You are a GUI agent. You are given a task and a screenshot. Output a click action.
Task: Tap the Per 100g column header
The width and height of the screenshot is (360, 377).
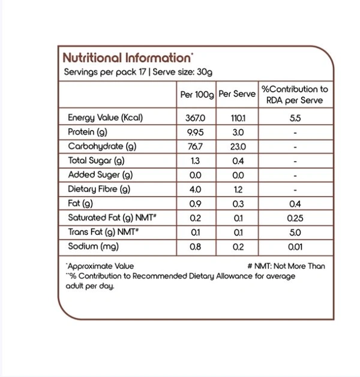pyautogui.click(x=196, y=94)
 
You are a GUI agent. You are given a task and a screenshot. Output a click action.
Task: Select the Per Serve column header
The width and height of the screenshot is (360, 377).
pyautogui.click(x=236, y=94)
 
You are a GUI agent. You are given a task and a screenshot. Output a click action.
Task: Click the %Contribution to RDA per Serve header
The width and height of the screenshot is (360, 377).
pyautogui.click(x=295, y=94)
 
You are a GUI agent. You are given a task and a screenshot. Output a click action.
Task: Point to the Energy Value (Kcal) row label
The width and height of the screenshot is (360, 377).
pyautogui.click(x=105, y=118)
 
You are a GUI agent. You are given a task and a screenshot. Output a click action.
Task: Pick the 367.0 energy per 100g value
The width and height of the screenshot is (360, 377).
pyautogui.click(x=196, y=118)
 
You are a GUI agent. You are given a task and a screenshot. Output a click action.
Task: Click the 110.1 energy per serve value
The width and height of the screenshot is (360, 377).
pyautogui.click(x=236, y=118)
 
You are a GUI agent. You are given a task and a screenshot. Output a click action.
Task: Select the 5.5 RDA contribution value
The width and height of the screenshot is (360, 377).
pyautogui.click(x=295, y=118)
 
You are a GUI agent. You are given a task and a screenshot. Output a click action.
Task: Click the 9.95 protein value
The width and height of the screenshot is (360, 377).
pyautogui.click(x=196, y=132)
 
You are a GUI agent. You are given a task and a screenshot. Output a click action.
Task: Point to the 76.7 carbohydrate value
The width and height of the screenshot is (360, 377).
pyautogui.click(x=196, y=147)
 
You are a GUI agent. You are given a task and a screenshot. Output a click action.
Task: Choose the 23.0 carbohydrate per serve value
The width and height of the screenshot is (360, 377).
pyautogui.click(x=236, y=147)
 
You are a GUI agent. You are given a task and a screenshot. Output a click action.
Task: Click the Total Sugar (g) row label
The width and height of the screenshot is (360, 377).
pyautogui.click(x=96, y=161)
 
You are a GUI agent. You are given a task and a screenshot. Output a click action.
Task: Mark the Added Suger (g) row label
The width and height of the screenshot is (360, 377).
pyautogui.click(x=99, y=175)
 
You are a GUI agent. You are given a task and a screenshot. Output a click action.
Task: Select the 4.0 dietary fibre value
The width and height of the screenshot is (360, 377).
pyautogui.click(x=196, y=189)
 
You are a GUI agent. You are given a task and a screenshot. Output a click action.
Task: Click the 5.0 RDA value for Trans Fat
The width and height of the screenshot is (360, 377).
pyautogui.click(x=295, y=232)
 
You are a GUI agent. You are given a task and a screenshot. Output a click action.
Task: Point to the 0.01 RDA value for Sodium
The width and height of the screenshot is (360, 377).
pyautogui.click(x=295, y=246)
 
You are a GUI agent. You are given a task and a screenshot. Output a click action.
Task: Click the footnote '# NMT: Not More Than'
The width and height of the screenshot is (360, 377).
pyautogui.click(x=285, y=266)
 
